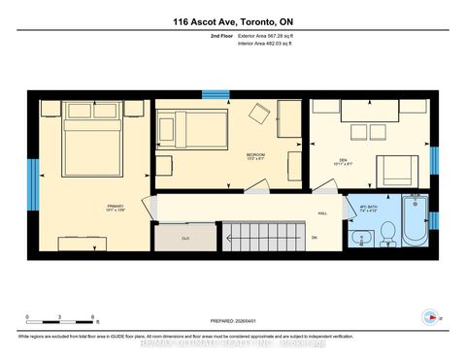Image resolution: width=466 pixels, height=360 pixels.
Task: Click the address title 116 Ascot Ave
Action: [232, 20]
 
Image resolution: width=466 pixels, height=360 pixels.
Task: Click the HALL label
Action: [321, 213]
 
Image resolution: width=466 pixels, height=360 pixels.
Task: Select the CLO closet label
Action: [183, 236]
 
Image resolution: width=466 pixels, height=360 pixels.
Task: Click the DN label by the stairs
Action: [314, 237]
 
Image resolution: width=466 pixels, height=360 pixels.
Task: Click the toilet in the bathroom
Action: [386, 233]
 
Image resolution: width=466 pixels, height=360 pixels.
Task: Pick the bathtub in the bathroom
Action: [416, 222]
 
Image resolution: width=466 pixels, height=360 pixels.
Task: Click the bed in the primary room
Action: [92, 146]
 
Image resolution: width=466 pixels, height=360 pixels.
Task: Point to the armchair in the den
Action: [396, 171]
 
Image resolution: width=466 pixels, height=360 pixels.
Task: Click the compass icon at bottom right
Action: [430, 316]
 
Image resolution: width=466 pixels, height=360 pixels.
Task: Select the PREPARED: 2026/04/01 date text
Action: [232, 320]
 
